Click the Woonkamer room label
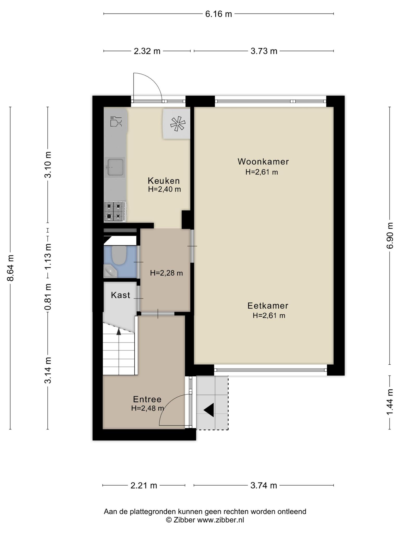click(x=263, y=162)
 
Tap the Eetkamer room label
click(x=268, y=306)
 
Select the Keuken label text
click(x=164, y=181)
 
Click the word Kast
click(x=120, y=295)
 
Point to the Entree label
click(x=147, y=399)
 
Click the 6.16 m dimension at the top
click(x=218, y=14)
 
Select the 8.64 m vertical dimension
click(x=10, y=268)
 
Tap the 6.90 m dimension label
click(x=390, y=236)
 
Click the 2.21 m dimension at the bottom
click(x=144, y=485)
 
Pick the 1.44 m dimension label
click(x=390, y=403)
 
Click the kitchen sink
click(x=115, y=167)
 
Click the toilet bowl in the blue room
click(x=119, y=255)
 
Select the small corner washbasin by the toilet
click(x=110, y=271)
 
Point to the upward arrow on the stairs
click(x=119, y=331)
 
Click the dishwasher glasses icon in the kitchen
click(x=116, y=122)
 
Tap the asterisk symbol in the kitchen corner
click(x=178, y=124)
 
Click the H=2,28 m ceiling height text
click(x=166, y=273)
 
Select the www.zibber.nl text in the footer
click(x=220, y=520)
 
